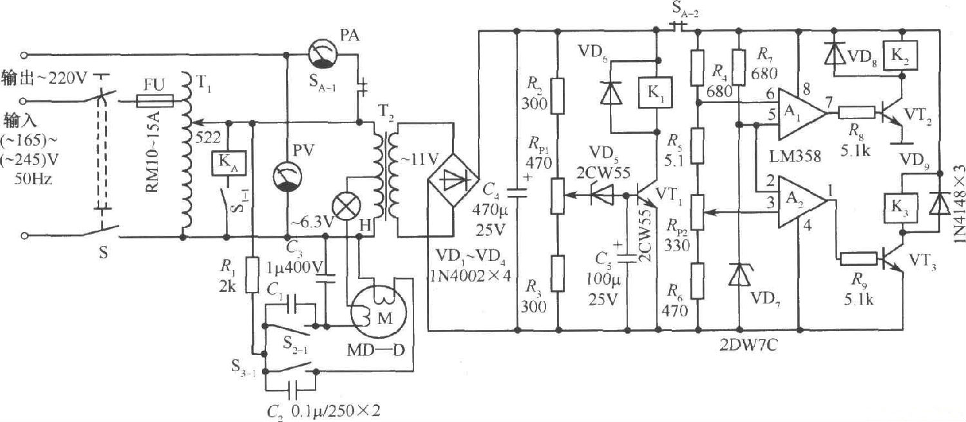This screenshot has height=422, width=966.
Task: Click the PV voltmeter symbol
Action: point(283,176)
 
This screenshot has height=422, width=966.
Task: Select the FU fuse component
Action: point(155,101)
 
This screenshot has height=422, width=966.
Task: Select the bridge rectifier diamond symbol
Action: point(453,181)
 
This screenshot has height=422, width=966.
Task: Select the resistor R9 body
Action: point(858,260)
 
